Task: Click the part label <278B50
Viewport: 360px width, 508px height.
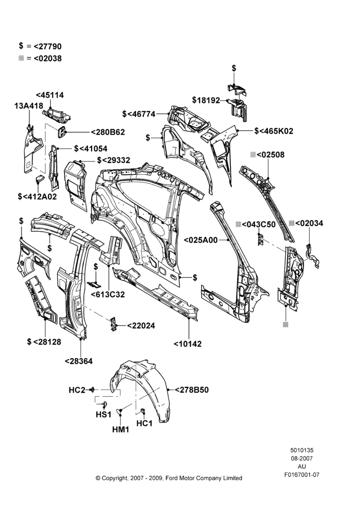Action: [192, 390]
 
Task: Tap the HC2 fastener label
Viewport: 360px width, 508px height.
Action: [77, 390]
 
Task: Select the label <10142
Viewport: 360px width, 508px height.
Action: [188, 344]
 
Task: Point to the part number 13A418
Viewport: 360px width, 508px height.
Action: [29, 106]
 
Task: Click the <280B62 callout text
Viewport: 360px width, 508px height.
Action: [108, 132]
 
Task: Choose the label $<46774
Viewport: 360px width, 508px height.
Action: [139, 114]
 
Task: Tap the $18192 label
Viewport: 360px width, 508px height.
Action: [206, 100]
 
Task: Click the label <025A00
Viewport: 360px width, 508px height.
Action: [201, 240]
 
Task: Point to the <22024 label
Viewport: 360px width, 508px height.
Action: [141, 326]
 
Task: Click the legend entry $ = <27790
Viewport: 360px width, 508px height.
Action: [40, 46]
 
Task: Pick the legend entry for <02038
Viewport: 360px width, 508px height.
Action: [40, 58]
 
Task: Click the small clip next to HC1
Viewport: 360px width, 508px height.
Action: [142, 411]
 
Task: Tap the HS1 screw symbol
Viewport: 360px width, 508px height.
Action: [104, 404]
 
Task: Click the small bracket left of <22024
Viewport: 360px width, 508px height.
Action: [113, 324]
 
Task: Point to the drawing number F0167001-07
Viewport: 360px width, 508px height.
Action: [302, 474]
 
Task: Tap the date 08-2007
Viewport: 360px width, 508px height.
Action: [302, 458]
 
